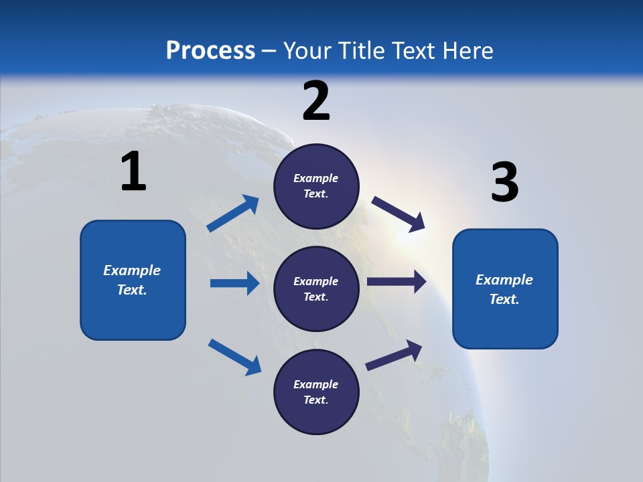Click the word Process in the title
click(x=210, y=50)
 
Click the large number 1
click(x=133, y=172)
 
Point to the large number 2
click(x=316, y=101)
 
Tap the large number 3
click(x=504, y=183)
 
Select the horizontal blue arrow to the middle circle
click(x=234, y=283)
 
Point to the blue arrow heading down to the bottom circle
click(x=234, y=357)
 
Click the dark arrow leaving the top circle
click(x=399, y=214)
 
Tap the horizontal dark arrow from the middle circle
click(x=396, y=282)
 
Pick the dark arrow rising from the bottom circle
click(x=394, y=355)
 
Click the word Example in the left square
click(x=132, y=270)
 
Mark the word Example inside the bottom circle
click(x=316, y=384)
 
